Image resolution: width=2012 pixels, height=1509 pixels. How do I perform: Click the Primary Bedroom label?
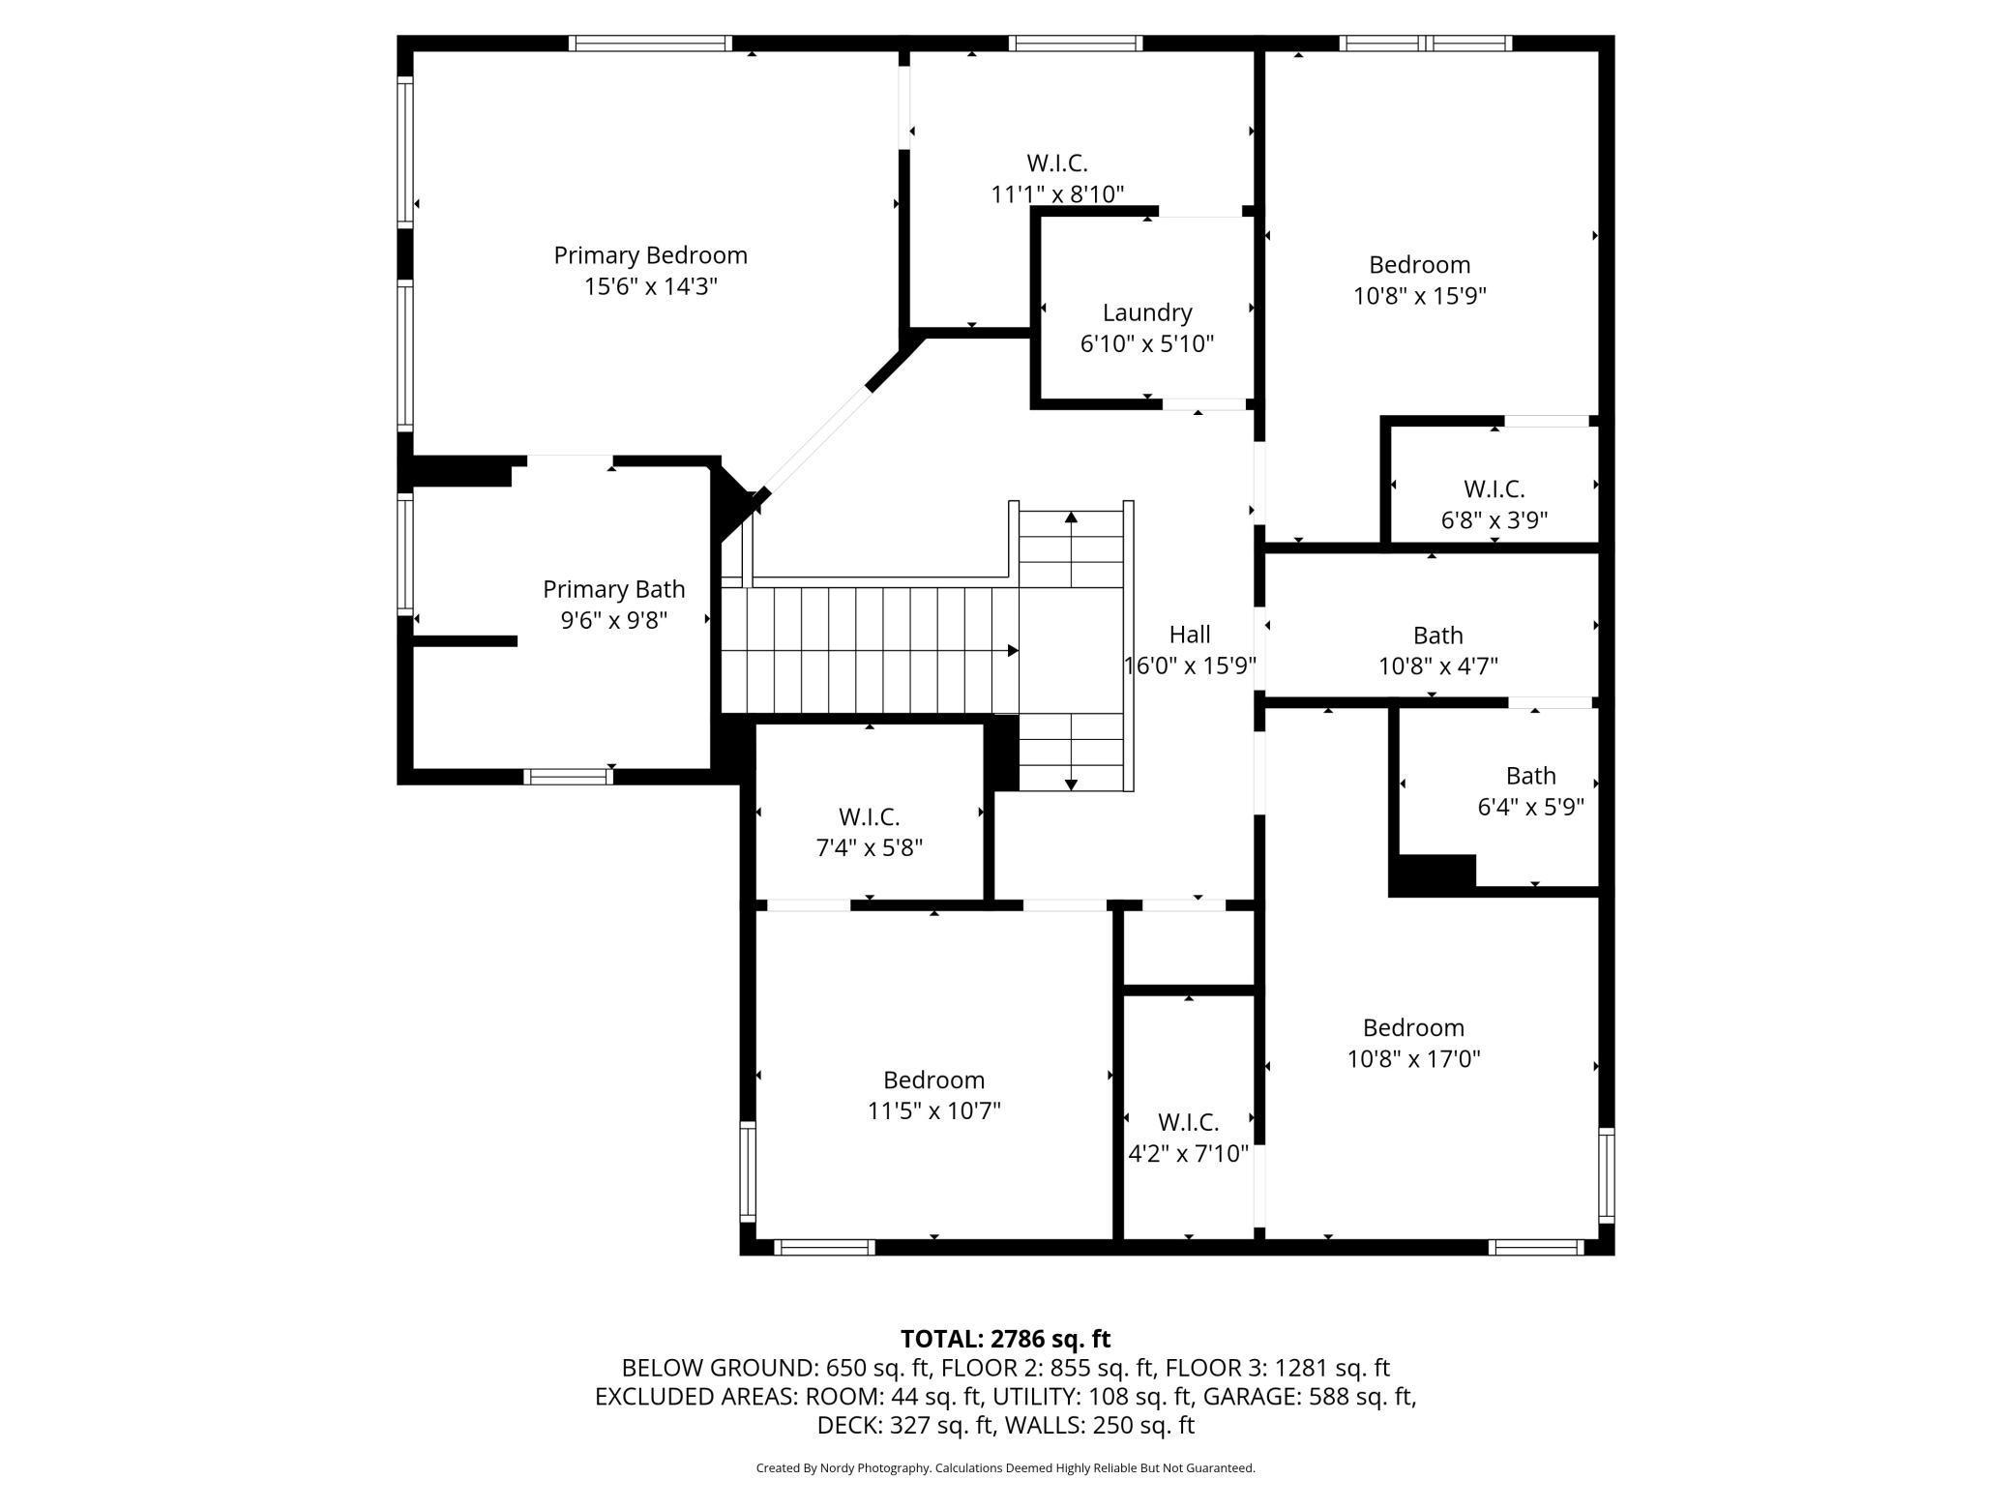click(650, 255)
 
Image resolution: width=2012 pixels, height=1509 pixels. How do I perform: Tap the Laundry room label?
click(1147, 312)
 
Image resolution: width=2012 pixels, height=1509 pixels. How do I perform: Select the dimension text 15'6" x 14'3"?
click(650, 286)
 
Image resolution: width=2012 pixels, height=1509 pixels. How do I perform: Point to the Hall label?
click(1190, 635)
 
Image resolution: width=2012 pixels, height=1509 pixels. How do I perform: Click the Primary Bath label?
click(613, 589)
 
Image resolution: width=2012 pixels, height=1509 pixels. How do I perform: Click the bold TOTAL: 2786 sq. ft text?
click(1005, 1339)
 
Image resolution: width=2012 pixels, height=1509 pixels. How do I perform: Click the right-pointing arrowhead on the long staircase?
click(1013, 650)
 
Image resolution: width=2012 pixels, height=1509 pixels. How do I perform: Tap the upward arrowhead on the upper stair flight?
click(1071, 518)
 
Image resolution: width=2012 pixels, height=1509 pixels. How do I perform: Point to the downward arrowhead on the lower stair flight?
click(1071, 784)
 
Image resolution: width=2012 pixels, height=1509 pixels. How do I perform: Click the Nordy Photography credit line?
click(1005, 1468)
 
